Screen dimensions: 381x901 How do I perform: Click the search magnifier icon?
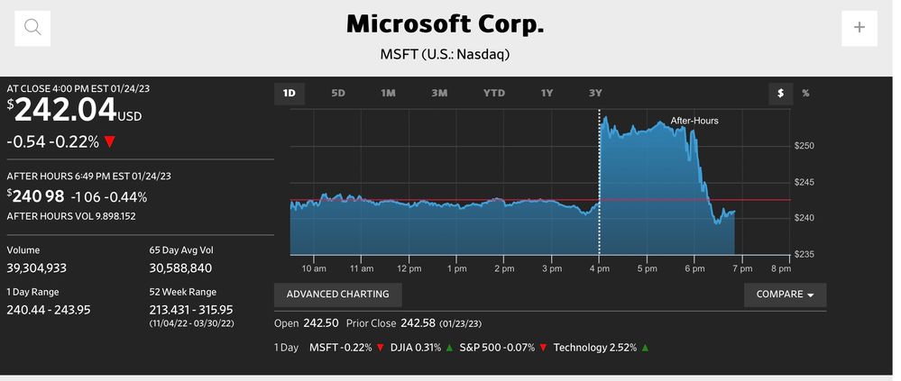coord(32,27)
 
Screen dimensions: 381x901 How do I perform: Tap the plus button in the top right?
coord(859,27)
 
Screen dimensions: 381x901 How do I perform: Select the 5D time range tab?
coord(338,93)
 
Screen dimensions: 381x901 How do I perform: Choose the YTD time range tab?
coord(494,93)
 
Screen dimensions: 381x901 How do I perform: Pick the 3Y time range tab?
coord(595,93)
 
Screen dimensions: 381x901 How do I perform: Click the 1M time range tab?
coord(388,93)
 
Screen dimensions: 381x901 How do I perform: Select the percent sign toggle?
coord(805,93)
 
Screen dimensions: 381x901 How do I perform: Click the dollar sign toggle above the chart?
coord(781,93)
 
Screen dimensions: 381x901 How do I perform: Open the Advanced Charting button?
coord(338,295)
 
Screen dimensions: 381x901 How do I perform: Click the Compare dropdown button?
coord(785,295)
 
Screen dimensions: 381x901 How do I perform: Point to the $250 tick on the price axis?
coord(804,146)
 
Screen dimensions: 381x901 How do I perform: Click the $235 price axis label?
coord(804,254)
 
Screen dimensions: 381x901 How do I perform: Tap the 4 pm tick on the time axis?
coord(599,268)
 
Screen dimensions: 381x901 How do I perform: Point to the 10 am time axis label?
coord(314,268)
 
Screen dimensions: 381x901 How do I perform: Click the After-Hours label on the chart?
coord(694,120)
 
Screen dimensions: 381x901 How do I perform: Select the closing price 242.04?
coord(65,111)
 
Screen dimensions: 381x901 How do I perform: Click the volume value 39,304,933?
coord(37,268)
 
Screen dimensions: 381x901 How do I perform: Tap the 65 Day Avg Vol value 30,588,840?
coord(180,268)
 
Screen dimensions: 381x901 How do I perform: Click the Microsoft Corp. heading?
coord(446,24)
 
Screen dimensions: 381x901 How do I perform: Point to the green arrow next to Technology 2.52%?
coord(645,348)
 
